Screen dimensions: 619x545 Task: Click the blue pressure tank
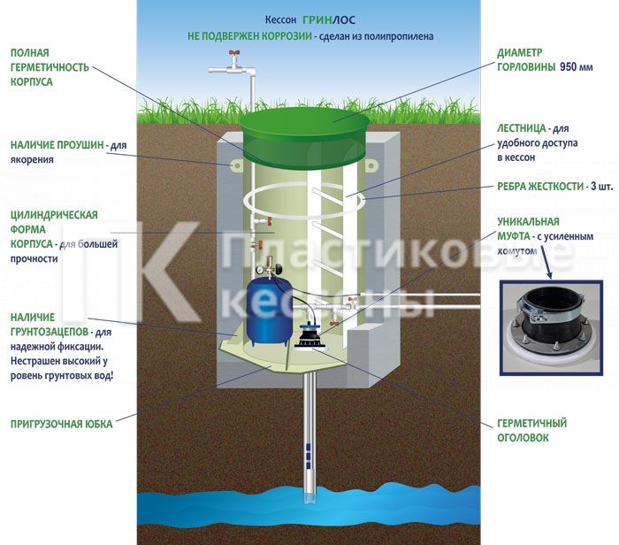[x=270, y=309]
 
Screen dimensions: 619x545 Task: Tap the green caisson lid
[x=305, y=136]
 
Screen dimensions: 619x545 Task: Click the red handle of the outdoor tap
[x=234, y=52]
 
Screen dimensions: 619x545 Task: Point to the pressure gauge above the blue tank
[x=260, y=270]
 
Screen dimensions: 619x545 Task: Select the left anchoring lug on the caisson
[x=236, y=165]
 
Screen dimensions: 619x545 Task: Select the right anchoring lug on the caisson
[x=370, y=165]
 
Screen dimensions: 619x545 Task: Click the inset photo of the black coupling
[x=551, y=327]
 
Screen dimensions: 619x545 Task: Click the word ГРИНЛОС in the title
[x=329, y=19]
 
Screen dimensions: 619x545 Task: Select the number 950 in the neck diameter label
[x=568, y=66]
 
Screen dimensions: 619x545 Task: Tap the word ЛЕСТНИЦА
[x=522, y=128]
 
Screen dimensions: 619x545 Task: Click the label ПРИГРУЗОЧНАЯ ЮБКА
[x=62, y=424]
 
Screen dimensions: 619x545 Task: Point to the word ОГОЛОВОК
[x=523, y=438]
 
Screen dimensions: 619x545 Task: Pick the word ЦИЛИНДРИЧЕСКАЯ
[x=54, y=215]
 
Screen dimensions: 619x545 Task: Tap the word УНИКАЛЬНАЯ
[x=528, y=221]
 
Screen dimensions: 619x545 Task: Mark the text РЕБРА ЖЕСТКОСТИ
[x=540, y=186]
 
